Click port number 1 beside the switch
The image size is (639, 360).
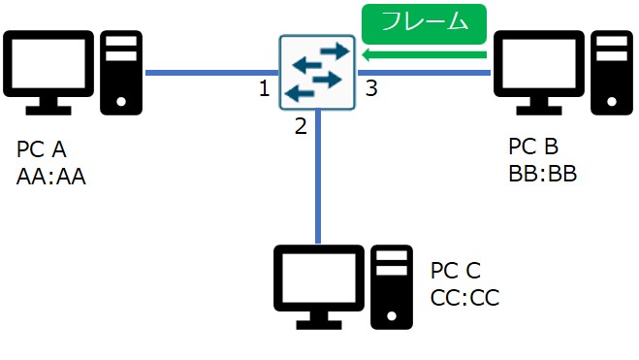264,90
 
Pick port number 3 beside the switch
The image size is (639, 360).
371,90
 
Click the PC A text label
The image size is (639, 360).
42,150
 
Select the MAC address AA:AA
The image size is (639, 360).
51,177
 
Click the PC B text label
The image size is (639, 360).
533,147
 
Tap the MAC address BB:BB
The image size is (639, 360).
543,174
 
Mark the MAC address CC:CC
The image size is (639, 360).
464,298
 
